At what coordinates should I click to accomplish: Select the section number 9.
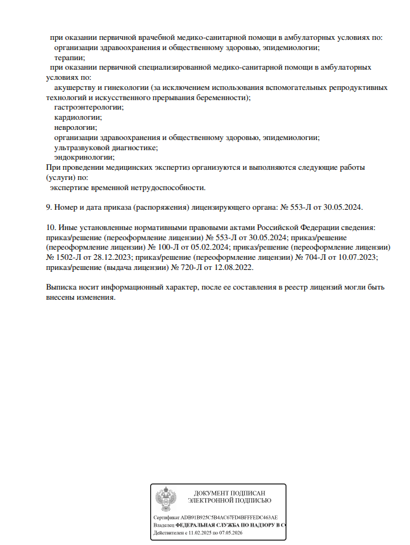coord(49,207)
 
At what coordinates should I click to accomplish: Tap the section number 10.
coord(51,227)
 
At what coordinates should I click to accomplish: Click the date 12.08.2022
coord(231,267)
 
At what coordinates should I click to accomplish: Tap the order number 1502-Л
coord(73,257)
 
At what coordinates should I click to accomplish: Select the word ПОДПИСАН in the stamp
coord(244,492)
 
